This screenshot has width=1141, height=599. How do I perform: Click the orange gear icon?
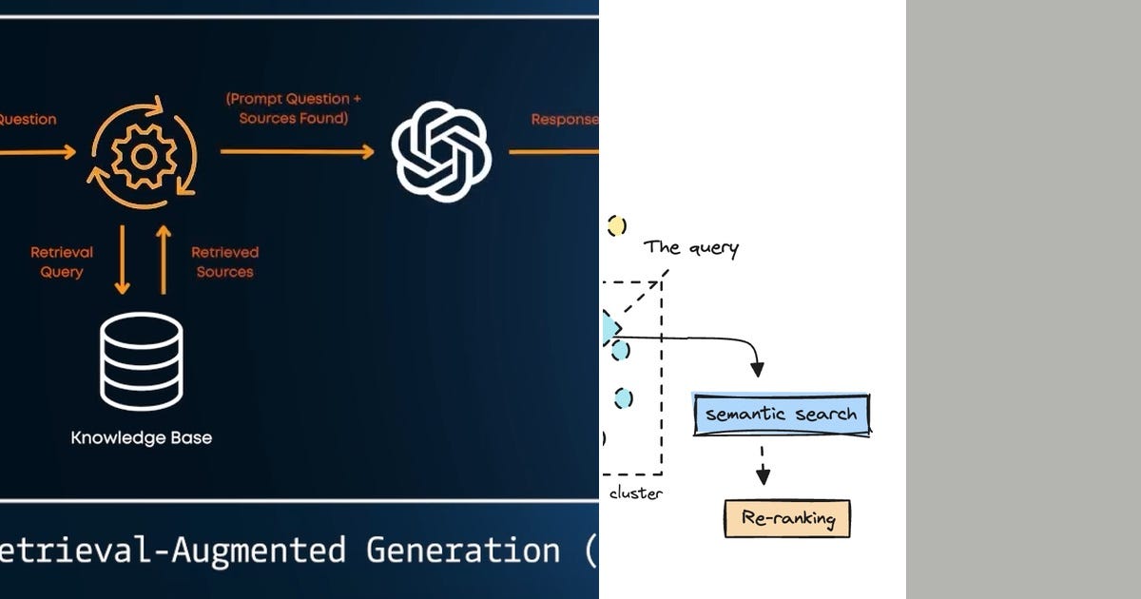coord(144,152)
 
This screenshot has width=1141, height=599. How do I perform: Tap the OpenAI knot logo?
coord(441,152)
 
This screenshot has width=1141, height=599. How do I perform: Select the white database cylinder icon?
coord(142,361)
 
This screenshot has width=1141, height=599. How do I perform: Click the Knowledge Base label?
coord(142,438)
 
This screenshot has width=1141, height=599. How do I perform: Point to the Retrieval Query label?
coord(62,262)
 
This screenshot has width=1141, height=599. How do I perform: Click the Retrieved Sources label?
coord(225,262)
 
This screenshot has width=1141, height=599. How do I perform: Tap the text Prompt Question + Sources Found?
coord(294,108)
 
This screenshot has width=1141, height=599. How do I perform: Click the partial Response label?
coord(565,120)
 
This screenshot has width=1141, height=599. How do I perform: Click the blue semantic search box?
coord(782,414)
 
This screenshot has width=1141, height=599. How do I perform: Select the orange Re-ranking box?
coord(786,519)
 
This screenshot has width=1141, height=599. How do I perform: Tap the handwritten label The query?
coord(691,248)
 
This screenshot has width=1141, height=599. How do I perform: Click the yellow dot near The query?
coord(617,226)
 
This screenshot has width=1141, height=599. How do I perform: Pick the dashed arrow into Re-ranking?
coord(763,465)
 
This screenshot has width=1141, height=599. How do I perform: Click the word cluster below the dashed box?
coord(635,493)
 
